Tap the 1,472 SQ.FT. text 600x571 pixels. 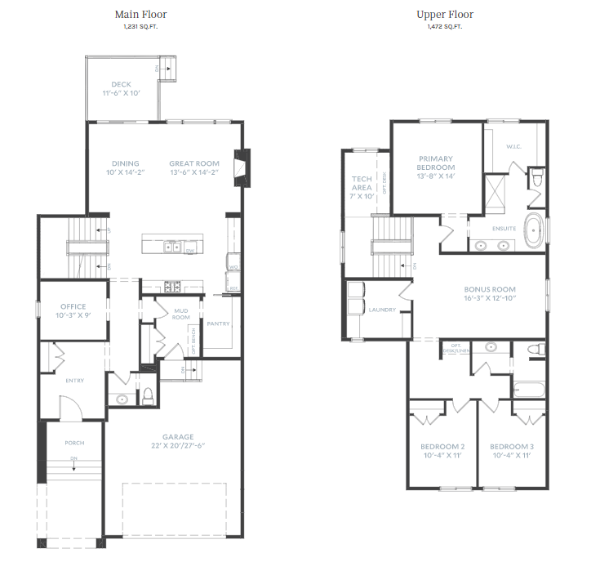pyautogui.click(x=444, y=27)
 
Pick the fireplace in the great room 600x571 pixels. pyautogui.click(x=239, y=167)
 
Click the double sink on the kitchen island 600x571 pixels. pyautogui.click(x=172, y=246)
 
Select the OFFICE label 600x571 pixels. pyautogui.click(x=73, y=306)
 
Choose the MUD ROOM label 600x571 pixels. pyautogui.click(x=181, y=314)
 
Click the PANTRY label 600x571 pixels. pyautogui.click(x=218, y=324)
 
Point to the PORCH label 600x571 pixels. pyautogui.click(x=73, y=443)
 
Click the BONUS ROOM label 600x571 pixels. pyautogui.click(x=490, y=289)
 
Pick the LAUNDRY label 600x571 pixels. pyautogui.click(x=381, y=310)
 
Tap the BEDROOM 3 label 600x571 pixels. pyautogui.click(x=512, y=447)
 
